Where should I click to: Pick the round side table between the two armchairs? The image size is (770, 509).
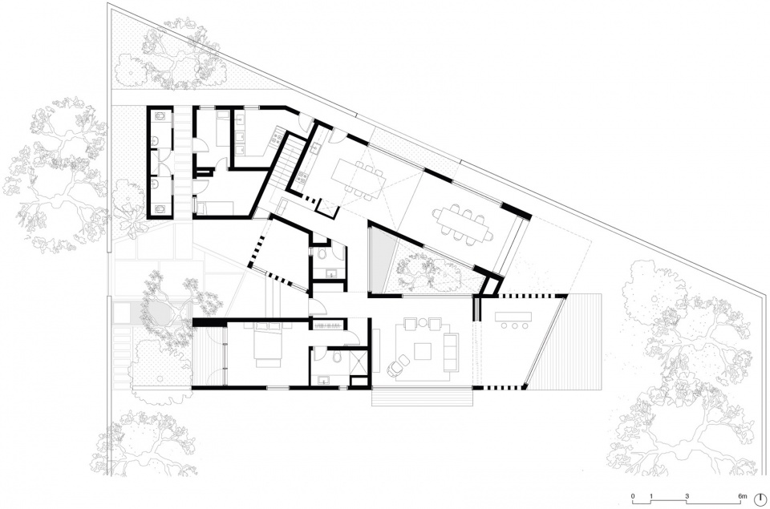pos(424,324)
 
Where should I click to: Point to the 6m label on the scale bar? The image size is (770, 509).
pos(743,496)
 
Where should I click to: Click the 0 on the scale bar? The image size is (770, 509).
pos(633,496)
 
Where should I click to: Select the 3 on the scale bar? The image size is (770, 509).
pos(687,496)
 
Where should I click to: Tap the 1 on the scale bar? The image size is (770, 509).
pos(651,496)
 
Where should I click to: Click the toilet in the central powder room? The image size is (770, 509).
pos(320,253)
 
